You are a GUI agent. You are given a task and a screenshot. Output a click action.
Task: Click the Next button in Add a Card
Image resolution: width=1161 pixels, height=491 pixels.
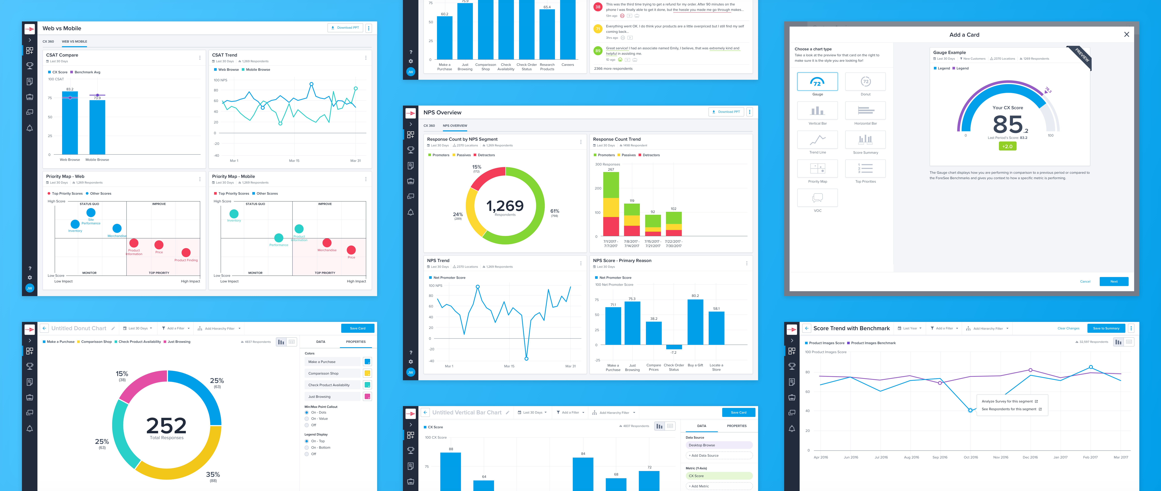pos(1114,281)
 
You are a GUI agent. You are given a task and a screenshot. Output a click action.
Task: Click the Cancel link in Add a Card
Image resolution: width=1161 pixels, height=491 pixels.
pos(1085,281)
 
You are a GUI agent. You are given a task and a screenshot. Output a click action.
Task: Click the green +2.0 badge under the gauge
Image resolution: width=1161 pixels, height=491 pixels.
pos(1007,146)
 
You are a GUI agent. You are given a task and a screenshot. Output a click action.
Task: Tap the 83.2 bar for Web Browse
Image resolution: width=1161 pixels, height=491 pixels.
pos(70,124)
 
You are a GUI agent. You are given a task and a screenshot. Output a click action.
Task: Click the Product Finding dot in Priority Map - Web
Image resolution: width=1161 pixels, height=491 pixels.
pos(186,252)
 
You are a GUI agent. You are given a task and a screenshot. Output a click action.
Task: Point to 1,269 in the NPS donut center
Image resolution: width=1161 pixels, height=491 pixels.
pos(505,207)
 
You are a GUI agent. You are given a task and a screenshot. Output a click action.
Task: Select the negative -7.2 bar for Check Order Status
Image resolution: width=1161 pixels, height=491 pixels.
pos(674,347)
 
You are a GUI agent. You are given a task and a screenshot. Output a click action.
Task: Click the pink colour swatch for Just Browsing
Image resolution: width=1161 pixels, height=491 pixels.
pos(367,397)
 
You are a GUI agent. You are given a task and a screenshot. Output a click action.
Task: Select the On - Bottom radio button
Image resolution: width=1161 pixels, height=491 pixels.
pos(307,448)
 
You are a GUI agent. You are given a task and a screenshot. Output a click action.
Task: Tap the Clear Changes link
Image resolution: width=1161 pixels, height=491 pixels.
pos(1068,328)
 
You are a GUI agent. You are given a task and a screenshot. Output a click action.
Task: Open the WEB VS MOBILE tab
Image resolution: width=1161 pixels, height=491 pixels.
pos(74,41)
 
